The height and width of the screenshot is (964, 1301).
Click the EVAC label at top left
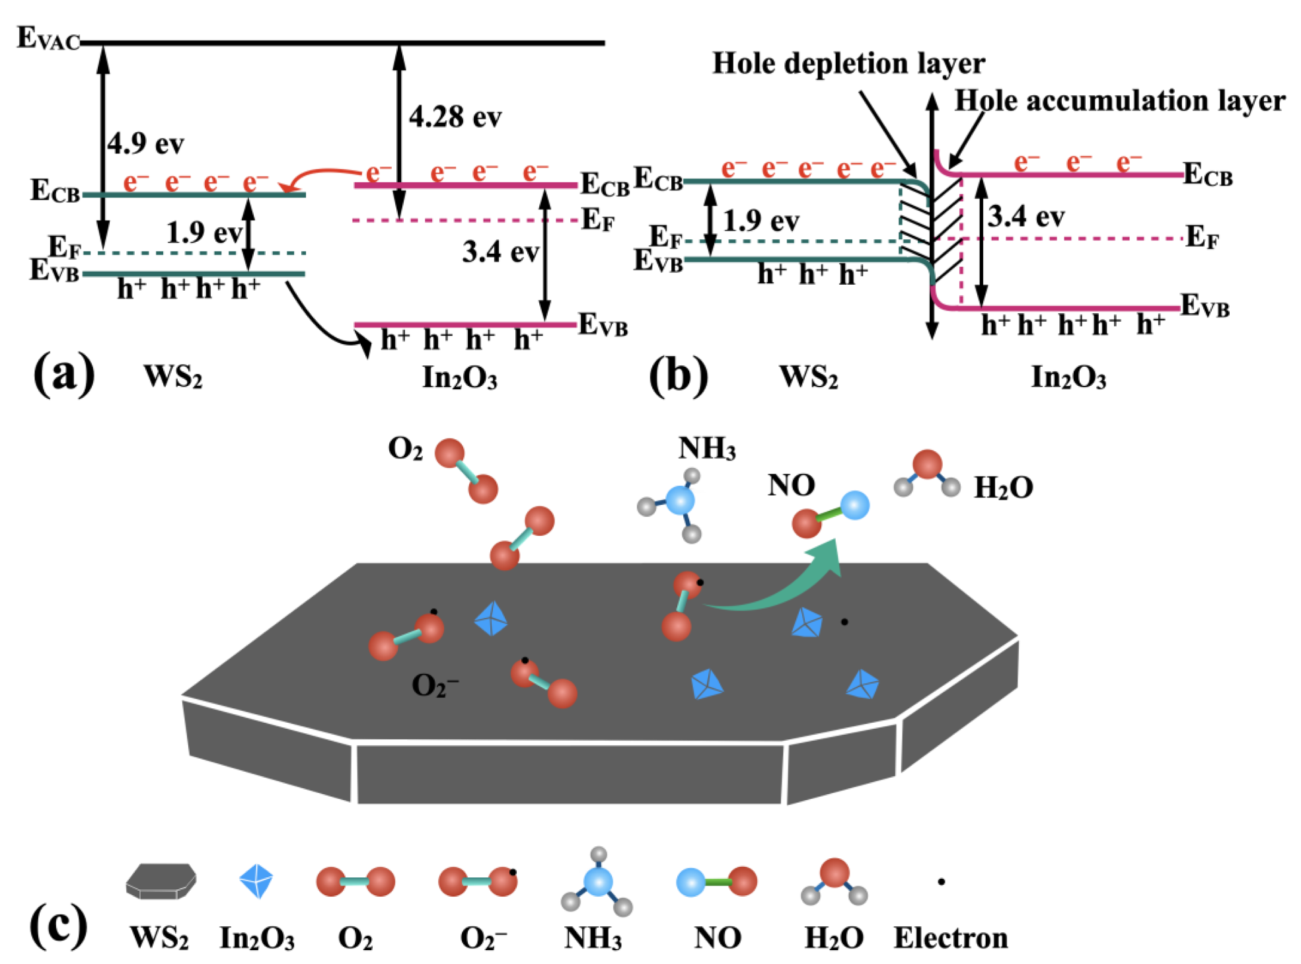48,38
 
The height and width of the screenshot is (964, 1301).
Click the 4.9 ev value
145,143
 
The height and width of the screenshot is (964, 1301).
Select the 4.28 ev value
455,118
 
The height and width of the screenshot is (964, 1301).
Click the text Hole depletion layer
848,64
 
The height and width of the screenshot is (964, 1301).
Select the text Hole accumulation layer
1119,101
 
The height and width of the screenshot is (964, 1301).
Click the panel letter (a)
63,374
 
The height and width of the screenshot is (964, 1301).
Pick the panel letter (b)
678,375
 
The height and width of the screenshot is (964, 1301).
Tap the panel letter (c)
58,925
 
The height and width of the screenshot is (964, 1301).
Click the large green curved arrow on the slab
780,585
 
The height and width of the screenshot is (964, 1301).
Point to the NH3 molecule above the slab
677,502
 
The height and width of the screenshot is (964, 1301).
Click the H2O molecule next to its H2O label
926,474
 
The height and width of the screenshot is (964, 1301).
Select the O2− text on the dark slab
434,685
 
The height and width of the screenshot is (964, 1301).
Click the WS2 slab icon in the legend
161,881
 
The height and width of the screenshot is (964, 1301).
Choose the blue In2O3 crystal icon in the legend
256,881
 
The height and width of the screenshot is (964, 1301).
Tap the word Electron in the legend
950,938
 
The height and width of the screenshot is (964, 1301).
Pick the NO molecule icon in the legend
716,881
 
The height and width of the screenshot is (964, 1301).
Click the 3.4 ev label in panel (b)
1025,217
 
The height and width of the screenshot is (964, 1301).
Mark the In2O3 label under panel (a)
459,377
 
